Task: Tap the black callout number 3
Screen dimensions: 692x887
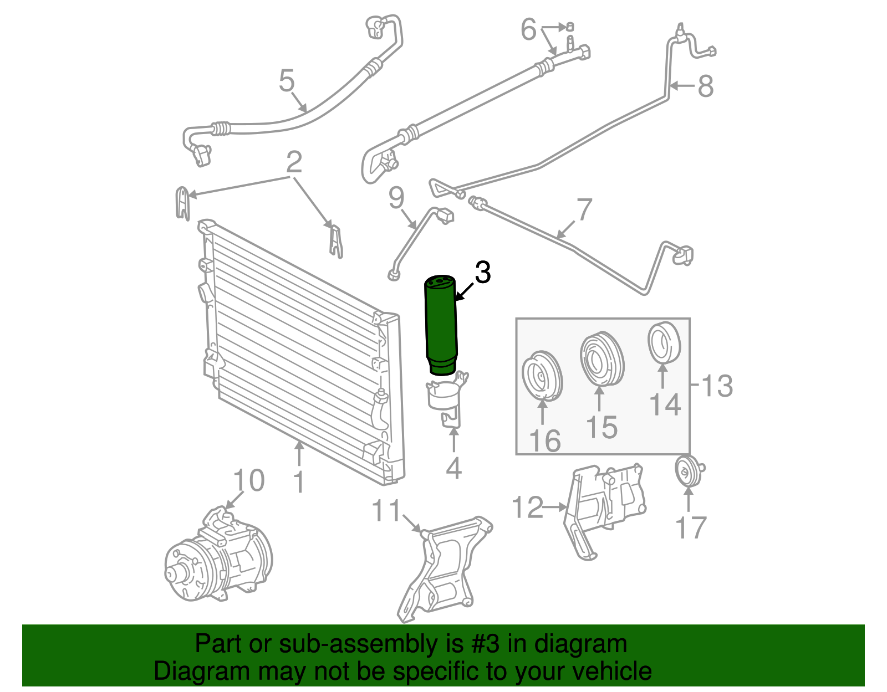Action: [483, 273]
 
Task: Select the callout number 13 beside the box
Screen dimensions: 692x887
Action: [717, 386]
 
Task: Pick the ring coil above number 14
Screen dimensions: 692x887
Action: [664, 342]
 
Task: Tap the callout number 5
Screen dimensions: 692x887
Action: [286, 81]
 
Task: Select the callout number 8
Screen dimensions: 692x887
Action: [705, 86]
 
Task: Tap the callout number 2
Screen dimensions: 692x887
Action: [294, 162]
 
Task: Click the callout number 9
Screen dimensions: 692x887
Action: [396, 198]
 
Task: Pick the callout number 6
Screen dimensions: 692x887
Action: [528, 29]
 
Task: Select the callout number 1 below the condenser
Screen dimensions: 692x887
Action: [299, 482]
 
